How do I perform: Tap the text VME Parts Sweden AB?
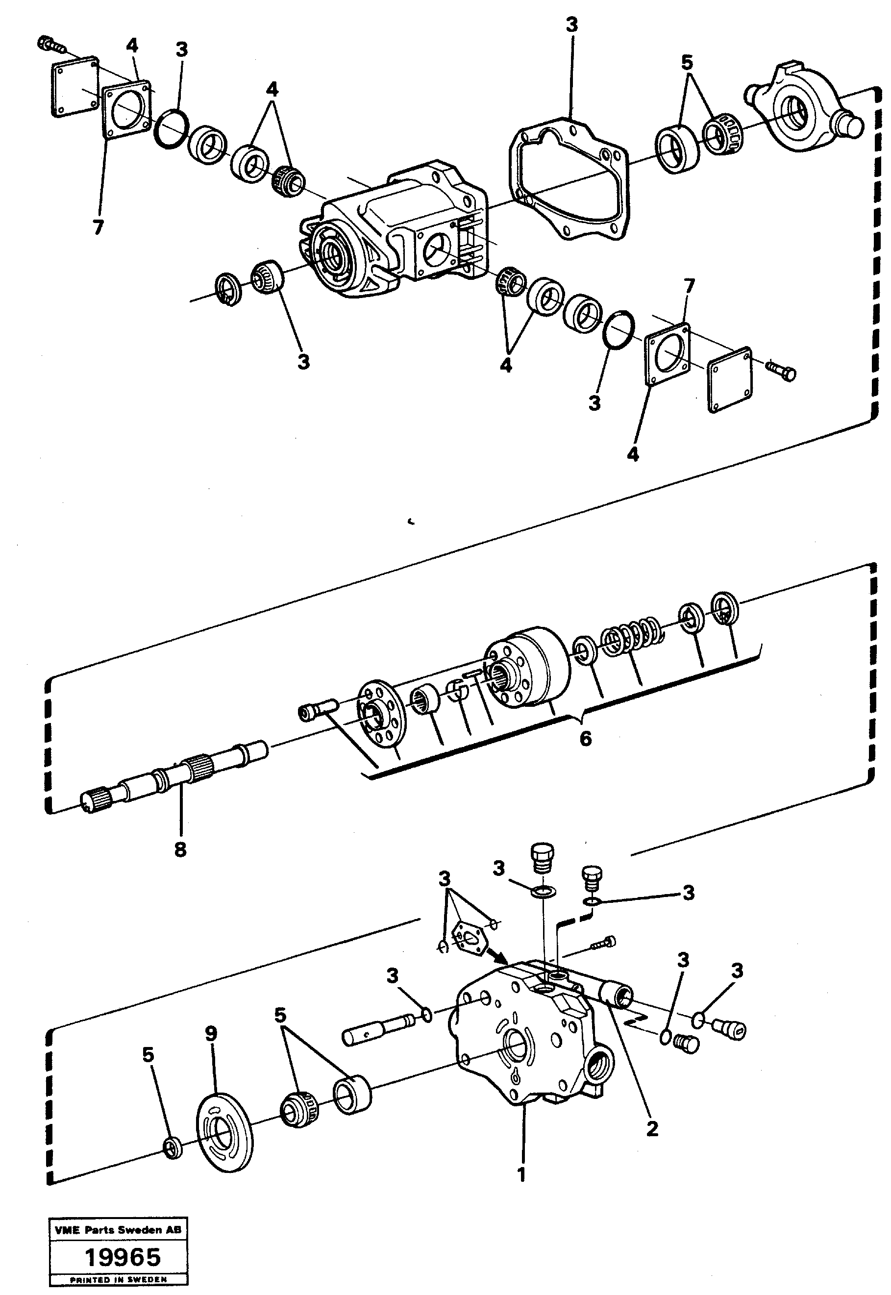point(118,1230)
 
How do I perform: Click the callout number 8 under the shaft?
point(180,850)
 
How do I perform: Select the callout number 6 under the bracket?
point(585,739)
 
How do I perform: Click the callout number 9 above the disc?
point(210,1034)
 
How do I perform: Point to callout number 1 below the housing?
point(521,1175)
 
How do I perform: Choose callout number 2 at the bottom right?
point(651,1129)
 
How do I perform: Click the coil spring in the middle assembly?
point(631,636)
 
